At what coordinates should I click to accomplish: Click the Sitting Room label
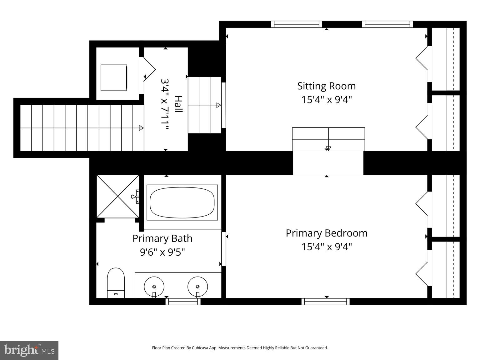(x=327, y=86)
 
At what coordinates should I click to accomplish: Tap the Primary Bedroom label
(x=327, y=233)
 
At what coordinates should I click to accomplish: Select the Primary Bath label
(x=162, y=238)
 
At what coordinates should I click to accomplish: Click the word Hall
(x=178, y=104)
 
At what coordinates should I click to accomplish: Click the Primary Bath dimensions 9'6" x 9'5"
(x=162, y=252)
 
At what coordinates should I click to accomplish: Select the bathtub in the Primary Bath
(x=182, y=202)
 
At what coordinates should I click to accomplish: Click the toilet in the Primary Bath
(x=116, y=282)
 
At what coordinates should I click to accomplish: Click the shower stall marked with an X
(x=118, y=196)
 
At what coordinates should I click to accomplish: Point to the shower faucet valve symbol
(x=135, y=197)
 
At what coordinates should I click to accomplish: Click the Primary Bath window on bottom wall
(x=183, y=302)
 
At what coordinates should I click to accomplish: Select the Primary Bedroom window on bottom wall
(x=325, y=302)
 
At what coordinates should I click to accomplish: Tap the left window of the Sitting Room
(x=296, y=24)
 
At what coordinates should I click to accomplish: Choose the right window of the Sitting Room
(x=387, y=24)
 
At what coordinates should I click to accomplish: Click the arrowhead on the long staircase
(x=141, y=128)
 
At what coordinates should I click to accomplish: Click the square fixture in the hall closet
(x=114, y=78)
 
